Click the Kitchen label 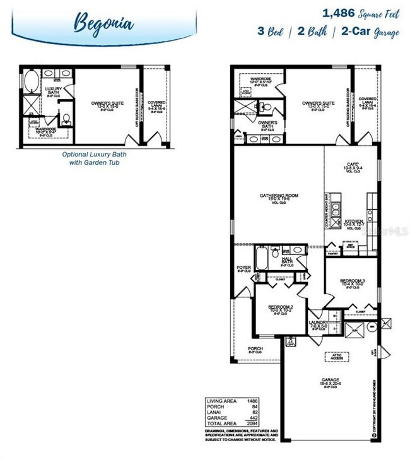click(x=351, y=223)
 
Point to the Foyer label click(x=243, y=268)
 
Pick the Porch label click(x=255, y=348)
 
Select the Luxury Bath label click(x=53, y=91)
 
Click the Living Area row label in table click(x=221, y=401)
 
